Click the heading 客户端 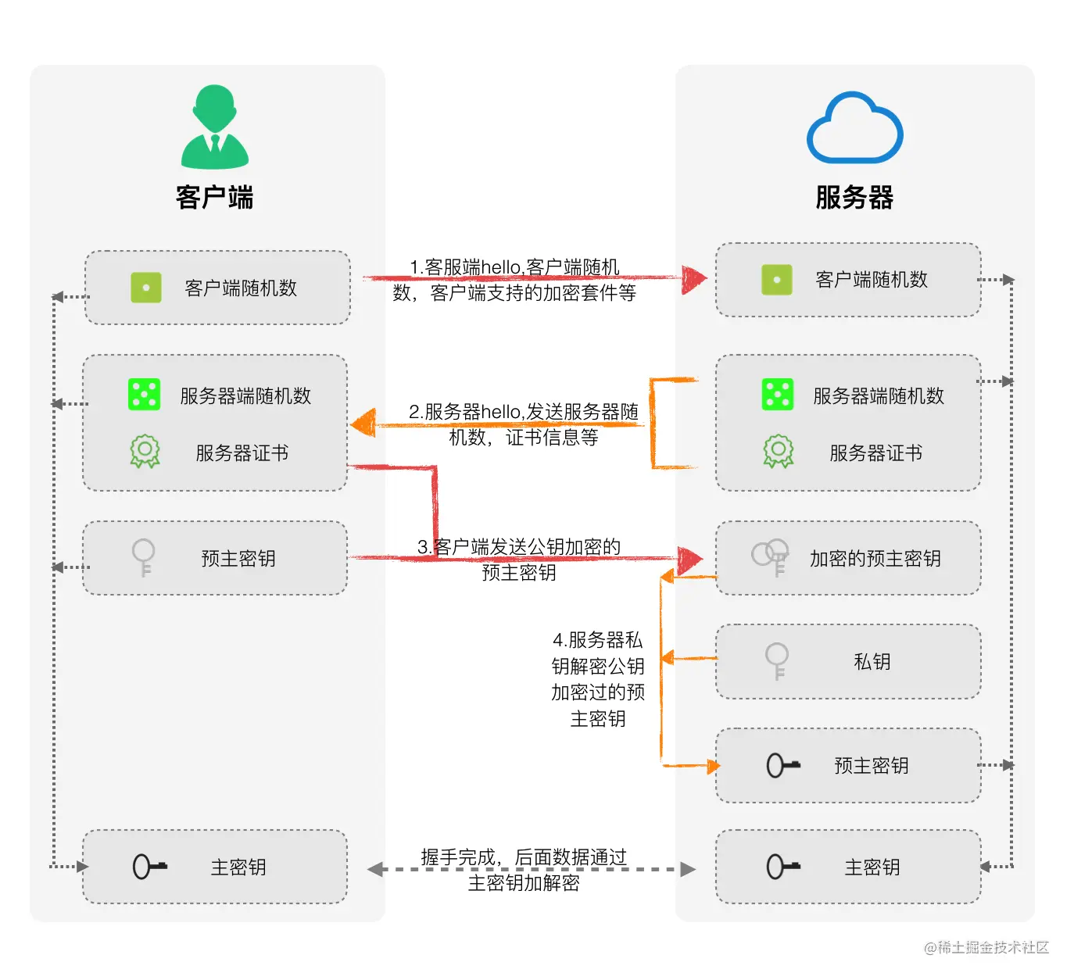pos(214,197)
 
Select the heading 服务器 pos(854,197)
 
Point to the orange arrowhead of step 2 pos(364,424)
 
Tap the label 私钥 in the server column pos(872,662)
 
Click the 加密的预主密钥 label pos(875,558)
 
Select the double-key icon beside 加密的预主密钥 pos(771,556)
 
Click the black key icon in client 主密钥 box pos(149,867)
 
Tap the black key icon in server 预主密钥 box pos(782,765)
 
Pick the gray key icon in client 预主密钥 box pos(144,557)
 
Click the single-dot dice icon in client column pos(146,288)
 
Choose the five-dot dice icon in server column pos(777,395)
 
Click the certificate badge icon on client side pos(145,452)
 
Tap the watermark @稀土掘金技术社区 pos(986,947)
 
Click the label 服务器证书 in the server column pos(875,452)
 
